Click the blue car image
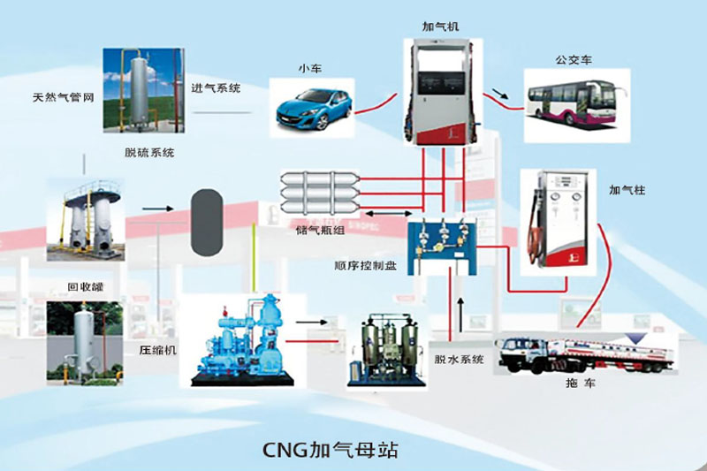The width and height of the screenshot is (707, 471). pyautogui.click(x=312, y=106)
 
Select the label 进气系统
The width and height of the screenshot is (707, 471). pyautogui.click(x=217, y=88)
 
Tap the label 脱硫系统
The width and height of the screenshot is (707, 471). pyautogui.click(x=149, y=152)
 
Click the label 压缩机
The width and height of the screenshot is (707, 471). pyautogui.click(x=158, y=349)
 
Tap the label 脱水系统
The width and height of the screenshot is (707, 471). pyautogui.click(x=458, y=358)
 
